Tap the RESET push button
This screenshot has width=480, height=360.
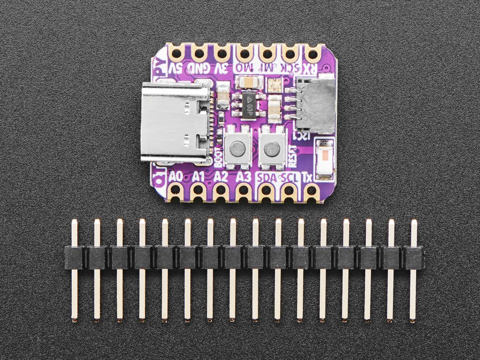[x=271, y=148]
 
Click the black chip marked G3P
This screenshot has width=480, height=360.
[x=251, y=103]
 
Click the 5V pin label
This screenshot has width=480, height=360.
[x=177, y=68]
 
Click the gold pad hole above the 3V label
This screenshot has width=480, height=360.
[x=221, y=52]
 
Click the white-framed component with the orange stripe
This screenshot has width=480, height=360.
[x=325, y=159]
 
